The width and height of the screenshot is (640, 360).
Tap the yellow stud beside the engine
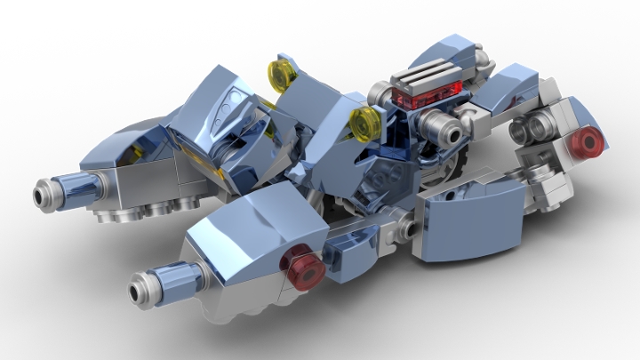[x=364, y=124]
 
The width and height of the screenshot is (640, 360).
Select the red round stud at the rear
[x=588, y=142]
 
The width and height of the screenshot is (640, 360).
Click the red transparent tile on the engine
[x=434, y=92]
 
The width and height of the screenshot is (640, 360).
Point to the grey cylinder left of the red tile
[x=380, y=92]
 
